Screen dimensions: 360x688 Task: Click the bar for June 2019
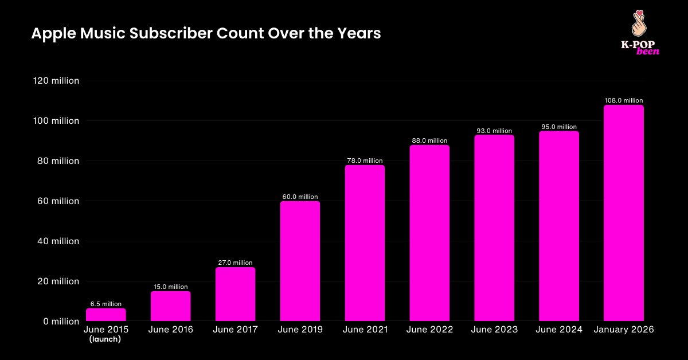[x=300, y=261]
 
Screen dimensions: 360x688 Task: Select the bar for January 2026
[x=624, y=213]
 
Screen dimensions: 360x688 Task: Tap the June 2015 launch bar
[x=106, y=315]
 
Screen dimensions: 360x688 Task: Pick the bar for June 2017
[x=235, y=294]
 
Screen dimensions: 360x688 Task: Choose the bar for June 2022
[x=429, y=233]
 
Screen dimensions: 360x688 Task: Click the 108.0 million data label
[x=624, y=101]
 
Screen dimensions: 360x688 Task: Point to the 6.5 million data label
[x=106, y=304]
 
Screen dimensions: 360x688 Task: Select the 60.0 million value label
[x=300, y=197]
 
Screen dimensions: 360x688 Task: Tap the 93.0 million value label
[x=494, y=131]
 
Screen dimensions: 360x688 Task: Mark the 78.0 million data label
[x=365, y=161]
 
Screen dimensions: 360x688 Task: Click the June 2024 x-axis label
[x=559, y=330]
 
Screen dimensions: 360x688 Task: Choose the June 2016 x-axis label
[x=170, y=330]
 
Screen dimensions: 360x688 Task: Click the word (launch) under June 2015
[x=106, y=339]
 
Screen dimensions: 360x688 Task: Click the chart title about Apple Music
[x=206, y=34]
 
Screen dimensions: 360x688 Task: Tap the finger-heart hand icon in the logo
[x=639, y=23]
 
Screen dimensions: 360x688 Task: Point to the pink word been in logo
[x=647, y=51]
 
